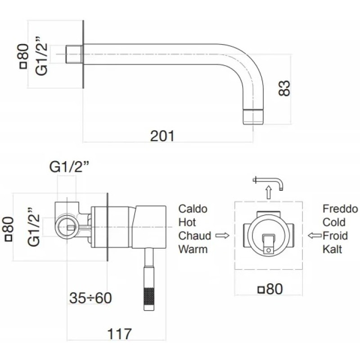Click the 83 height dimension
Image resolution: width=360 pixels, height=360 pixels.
[284, 88]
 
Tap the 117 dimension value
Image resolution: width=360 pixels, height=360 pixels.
[120, 334]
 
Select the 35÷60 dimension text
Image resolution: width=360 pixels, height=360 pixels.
[90, 297]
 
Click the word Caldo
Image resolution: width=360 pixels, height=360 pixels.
[193, 209]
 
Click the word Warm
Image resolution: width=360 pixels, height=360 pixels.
[193, 248]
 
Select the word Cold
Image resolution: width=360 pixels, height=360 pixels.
[334, 222]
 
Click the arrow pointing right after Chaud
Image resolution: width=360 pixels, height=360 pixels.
[222, 235]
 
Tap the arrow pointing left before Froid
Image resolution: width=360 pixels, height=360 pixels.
[314, 235]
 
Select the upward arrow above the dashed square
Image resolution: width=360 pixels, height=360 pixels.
[269, 193]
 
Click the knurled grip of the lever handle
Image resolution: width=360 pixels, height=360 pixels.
[148, 294]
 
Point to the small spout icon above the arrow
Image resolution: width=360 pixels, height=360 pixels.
[269, 181]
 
